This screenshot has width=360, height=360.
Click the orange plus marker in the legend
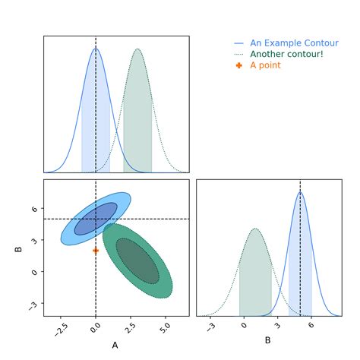pos(239,65)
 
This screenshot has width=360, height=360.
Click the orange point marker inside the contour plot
pos(96,250)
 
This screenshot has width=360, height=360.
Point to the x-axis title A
pos(115,346)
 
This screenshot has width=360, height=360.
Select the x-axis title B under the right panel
pos(267,340)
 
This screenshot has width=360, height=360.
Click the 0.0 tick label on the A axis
pos(94,329)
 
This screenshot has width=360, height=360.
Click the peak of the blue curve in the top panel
pos(96,49)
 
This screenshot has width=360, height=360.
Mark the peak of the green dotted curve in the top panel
pos(137,49)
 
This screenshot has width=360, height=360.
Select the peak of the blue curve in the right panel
pos(300,192)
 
